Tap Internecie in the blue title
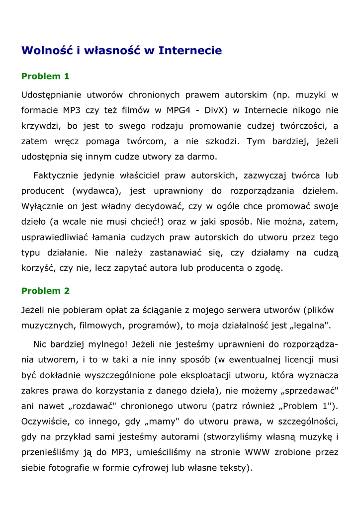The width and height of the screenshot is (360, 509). [x=190, y=51]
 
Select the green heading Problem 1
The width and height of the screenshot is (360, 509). [x=45, y=77]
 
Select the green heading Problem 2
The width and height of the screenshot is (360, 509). [x=45, y=291]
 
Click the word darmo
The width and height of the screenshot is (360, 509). [x=201, y=157]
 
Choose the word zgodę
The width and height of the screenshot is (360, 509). [x=269, y=268]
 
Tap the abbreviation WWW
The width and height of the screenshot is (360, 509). [x=257, y=452]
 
